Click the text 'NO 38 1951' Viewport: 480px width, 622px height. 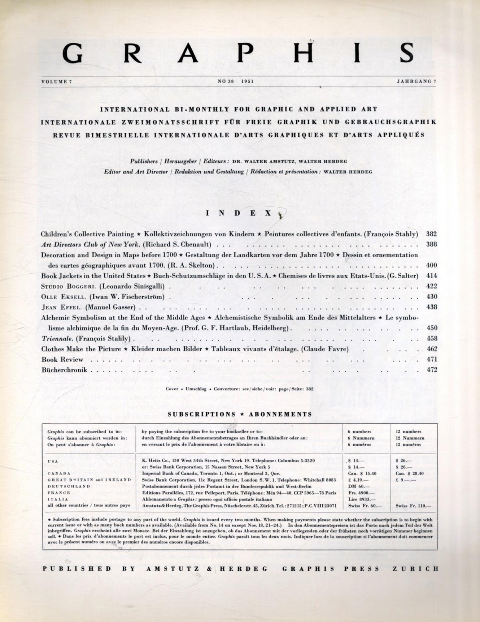coord(236,82)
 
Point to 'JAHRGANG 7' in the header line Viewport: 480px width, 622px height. coord(417,82)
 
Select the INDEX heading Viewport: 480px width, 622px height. coord(239,213)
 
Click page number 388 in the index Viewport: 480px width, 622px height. coord(432,244)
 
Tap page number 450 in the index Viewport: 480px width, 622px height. coord(432,328)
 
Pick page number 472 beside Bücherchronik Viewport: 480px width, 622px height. coord(432,370)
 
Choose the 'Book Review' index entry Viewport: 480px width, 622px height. coord(62,360)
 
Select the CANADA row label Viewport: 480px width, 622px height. coord(58,473)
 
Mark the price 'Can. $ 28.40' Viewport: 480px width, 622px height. coord(410,473)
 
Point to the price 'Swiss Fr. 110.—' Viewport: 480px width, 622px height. coord(411,506)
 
